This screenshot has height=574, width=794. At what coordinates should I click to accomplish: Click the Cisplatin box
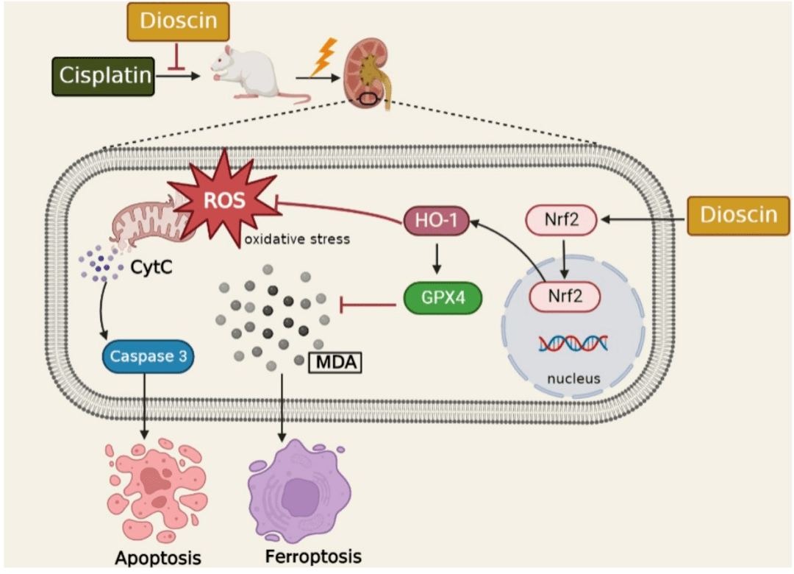104,75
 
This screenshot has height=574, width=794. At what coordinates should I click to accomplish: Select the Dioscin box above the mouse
179,21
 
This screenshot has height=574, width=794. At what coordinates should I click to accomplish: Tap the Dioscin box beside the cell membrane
738,214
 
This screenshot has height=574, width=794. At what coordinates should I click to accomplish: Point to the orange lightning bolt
323,58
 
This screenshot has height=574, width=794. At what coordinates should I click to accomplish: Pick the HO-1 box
437,220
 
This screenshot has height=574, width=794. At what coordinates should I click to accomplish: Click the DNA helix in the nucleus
572,342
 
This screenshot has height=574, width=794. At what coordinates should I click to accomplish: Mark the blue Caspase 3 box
147,358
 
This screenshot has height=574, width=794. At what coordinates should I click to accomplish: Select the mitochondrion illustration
147,221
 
